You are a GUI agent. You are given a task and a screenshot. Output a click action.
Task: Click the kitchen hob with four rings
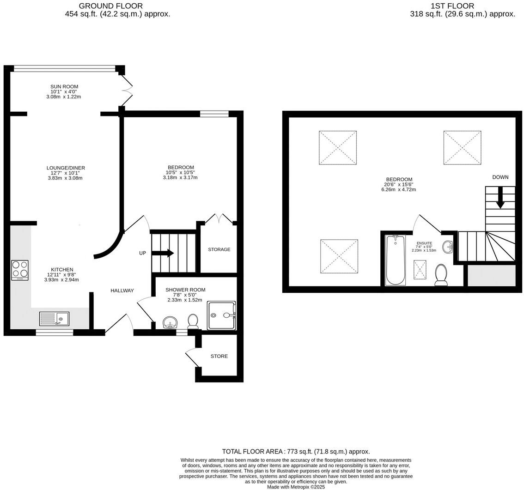pyautogui.click(x=20, y=271)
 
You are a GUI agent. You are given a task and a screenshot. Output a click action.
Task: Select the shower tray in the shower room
pyautogui.click(x=221, y=315)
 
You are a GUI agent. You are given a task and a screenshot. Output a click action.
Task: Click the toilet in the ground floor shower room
pyautogui.click(x=193, y=320)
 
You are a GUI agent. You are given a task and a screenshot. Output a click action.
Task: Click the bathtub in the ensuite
pyautogui.click(x=396, y=260)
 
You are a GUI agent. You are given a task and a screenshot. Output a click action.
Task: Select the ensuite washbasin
pyautogui.click(x=448, y=247)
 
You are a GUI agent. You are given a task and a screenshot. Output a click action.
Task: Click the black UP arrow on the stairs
pyautogui.click(x=163, y=253)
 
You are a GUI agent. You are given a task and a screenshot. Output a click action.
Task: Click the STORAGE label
pyautogui.click(x=219, y=249)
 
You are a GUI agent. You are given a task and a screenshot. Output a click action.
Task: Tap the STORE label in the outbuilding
pyautogui.click(x=219, y=356)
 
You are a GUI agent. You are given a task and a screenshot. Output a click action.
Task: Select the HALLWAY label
pyautogui.click(x=122, y=290)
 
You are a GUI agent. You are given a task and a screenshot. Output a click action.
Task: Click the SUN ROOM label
pyautogui.click(x=64, y=86)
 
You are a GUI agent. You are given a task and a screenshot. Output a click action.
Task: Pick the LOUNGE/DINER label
pyautogui.click(x=66, y=168)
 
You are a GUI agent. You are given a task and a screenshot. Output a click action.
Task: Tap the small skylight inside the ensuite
pyautogui.click(x=420, y=270)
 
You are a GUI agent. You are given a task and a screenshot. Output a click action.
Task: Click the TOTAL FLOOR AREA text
pyautogui.click(x=296, y=452)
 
